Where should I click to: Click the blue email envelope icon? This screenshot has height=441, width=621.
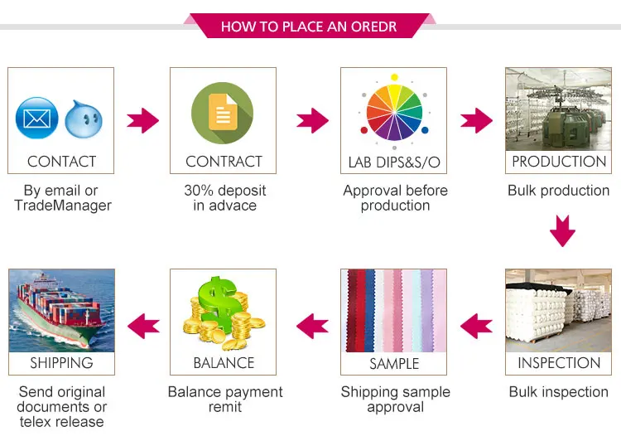[x=36, y=117]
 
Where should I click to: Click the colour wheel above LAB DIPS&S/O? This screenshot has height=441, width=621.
[x=394, y=111]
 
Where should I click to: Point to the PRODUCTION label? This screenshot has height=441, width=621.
[x=559, y=162]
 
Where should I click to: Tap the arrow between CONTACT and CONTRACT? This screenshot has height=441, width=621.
[x=142, y=121]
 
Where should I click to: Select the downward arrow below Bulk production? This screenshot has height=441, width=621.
[x=562, y=230]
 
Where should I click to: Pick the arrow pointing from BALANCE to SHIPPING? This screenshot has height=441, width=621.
[x=142, y=323]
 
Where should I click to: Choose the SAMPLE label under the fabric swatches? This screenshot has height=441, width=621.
[x=393, y=363]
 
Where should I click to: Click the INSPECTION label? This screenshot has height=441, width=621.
[x=559, y=363]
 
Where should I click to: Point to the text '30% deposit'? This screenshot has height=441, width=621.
[x=224, y=191]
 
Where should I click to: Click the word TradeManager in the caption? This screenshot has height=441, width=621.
[x=63, y=206]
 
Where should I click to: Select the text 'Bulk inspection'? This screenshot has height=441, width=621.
[x=559, y=392]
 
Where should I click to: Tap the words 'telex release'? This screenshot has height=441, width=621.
[x=61, y=422]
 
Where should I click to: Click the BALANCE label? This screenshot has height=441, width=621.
[x=224, y=363]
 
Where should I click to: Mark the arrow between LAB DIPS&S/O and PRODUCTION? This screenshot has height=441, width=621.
[x=476, y=121]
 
